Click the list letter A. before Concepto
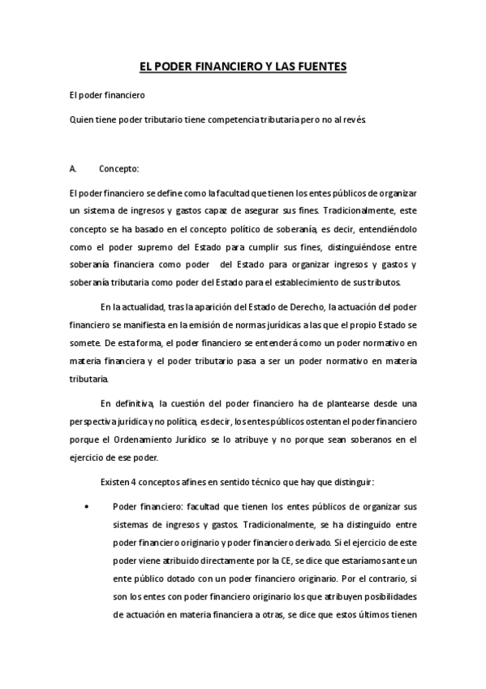pos(74,169)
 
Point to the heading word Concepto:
pos(119,169)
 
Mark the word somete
pos(85,343)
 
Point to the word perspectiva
pos(94,421)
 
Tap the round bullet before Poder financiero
pos(86,505)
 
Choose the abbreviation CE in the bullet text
pos(265,560)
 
